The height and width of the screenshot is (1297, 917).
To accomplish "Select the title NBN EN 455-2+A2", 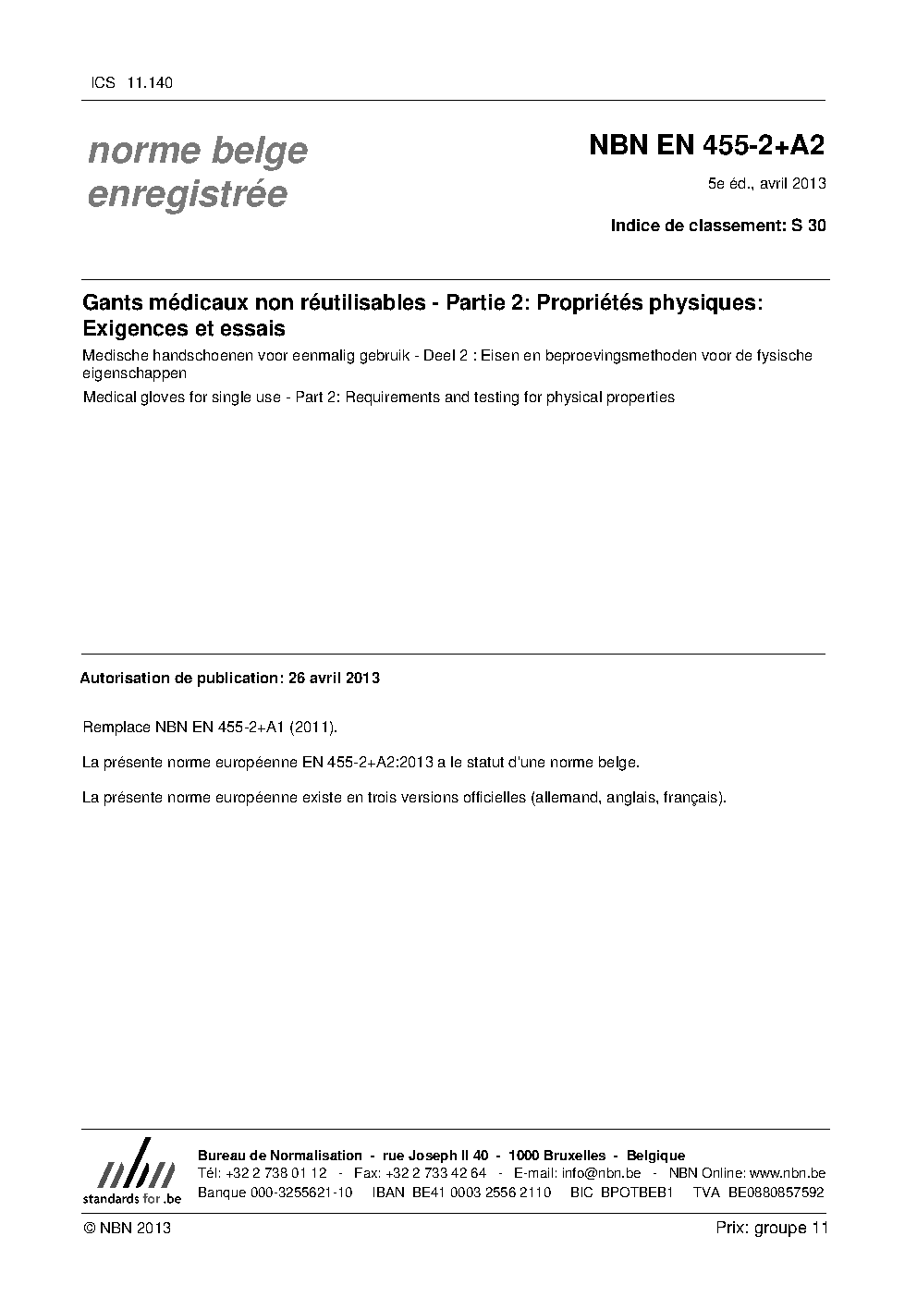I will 706,146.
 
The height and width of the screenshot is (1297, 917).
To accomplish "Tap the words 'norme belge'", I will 197,151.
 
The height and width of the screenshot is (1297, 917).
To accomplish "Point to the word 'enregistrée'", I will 187,195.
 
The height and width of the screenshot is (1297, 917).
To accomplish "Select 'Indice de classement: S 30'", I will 718,225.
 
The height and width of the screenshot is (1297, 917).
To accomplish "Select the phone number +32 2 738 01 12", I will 275,1173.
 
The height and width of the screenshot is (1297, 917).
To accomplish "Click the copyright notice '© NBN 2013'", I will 127,1228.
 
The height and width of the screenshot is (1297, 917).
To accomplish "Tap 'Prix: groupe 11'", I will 771,1228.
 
